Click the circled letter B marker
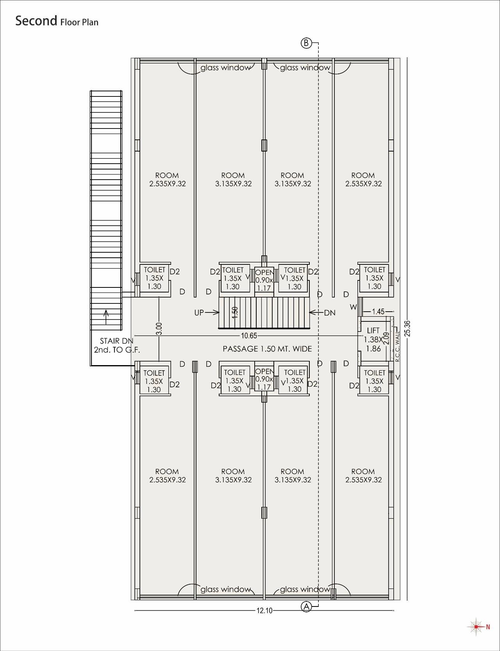tap(306, 43)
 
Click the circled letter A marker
tap(306, 606)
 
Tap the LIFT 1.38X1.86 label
tap(373, 339)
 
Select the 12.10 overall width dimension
tap(264, 611)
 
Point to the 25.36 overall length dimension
tap(407, 328)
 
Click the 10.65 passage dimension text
tap(249, 336)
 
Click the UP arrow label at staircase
tap(199, 313)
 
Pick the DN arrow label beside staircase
tap(330, 313)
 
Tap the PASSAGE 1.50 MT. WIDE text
tap(267, 349)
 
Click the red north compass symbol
tap(477, 627)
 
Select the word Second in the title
tap(36, 21)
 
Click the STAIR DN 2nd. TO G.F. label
tap(116, 345)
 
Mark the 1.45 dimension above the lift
tap(378, 312)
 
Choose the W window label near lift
tap(353, 307)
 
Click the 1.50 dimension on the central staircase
tap(235, 312)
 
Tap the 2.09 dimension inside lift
tap(386, 338)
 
